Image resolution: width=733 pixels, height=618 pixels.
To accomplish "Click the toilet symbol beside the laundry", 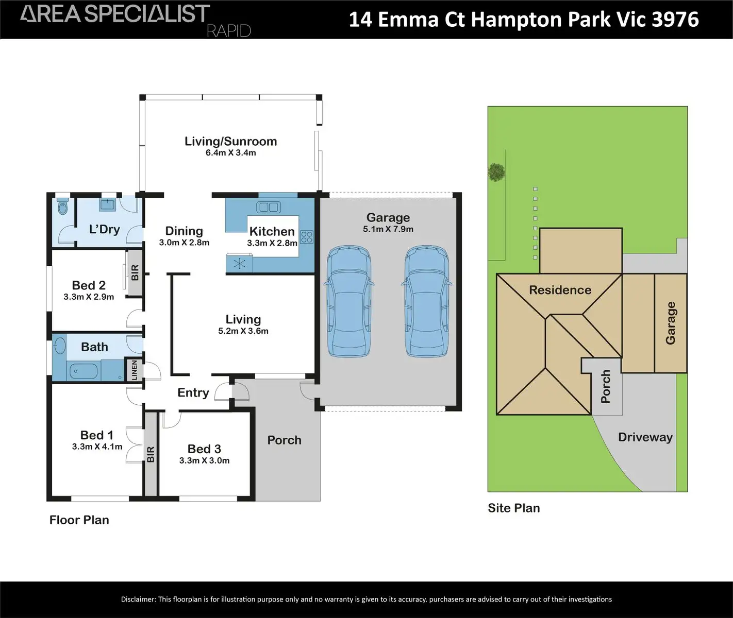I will (63, 208).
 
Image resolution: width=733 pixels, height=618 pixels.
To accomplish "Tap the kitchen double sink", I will (268, 208).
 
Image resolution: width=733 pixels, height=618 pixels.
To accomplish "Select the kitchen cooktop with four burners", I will (307, 237).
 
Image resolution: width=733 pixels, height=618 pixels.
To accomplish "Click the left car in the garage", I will (349, 302).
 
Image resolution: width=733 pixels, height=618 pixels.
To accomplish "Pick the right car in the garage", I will (426, 301).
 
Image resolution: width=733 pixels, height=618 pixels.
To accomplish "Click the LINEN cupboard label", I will (135, 370).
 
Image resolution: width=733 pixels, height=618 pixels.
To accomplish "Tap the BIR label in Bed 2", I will (135, 272).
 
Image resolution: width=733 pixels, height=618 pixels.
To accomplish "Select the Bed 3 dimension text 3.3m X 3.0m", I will (204, 460).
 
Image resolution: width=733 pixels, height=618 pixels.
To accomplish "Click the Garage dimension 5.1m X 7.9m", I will (388, 229).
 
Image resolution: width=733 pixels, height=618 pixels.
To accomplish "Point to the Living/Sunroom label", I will (230, 141).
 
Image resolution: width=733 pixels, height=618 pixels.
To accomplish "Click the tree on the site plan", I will (496, 172).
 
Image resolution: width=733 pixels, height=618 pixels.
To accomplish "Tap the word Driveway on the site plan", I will (645, 437).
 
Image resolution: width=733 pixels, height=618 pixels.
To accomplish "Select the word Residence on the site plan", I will (560, 290).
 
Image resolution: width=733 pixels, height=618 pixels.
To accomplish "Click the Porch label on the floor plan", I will (284, 440).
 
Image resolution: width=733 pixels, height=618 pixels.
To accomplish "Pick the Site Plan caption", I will (513, 508).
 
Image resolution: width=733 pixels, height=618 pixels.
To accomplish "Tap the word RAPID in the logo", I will (228, 31).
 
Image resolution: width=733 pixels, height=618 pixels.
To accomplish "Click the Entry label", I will (193, 392).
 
